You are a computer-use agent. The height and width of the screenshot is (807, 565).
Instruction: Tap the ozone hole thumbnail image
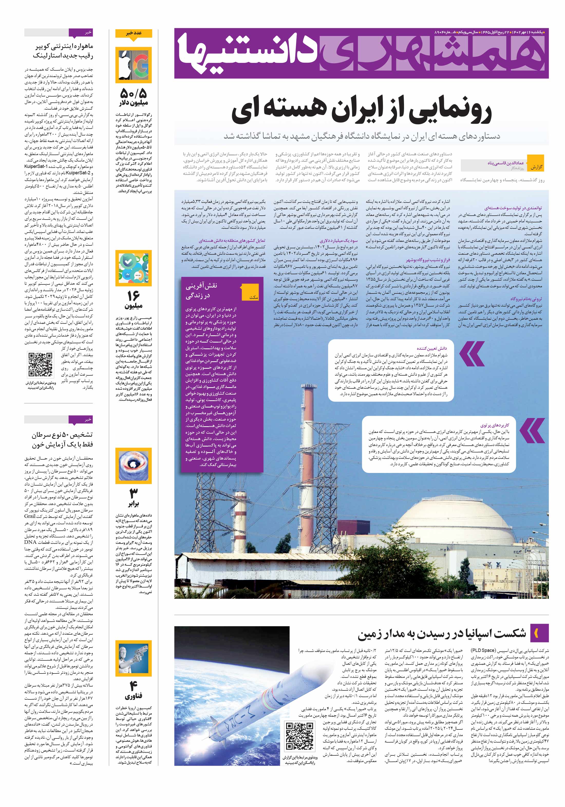tap(134, 466)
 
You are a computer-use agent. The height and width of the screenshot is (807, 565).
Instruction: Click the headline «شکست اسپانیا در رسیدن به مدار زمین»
tap(442, 634)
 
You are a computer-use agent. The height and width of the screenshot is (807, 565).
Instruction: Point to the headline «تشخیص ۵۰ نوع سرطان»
tap(63, 435)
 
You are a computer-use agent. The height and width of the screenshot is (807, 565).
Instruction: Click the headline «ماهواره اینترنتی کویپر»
tap(63, 47)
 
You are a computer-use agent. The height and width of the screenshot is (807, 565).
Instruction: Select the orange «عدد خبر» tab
tap(134, 33)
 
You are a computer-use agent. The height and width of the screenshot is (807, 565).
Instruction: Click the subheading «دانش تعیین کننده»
tap(432, 348)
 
